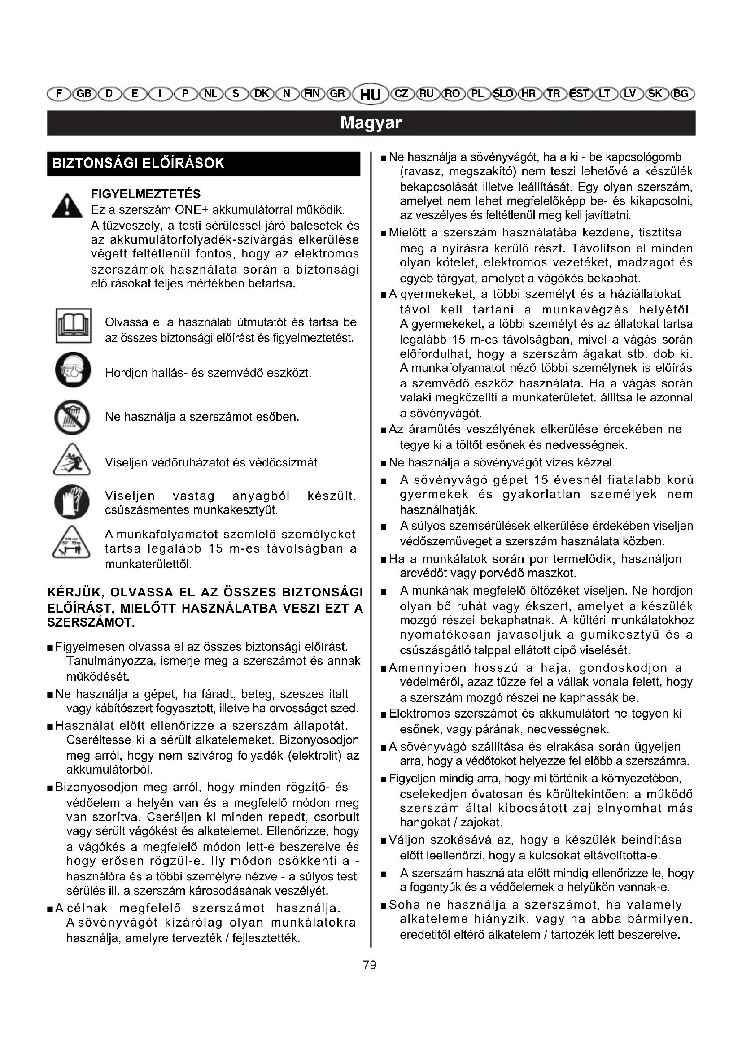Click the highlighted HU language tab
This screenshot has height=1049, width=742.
(371, 95)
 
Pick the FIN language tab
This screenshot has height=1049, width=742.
(312, 94)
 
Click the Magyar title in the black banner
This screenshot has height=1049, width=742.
(371, 123)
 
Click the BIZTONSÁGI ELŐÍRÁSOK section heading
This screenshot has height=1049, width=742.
(139, 164)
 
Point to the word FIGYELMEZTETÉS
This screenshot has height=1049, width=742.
(146, 194)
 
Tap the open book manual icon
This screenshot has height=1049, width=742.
(74, 326)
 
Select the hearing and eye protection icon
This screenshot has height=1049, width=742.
(73, 370)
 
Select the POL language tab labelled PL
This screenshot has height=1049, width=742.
(477, 94)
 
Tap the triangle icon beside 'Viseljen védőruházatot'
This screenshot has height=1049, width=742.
(72, 460)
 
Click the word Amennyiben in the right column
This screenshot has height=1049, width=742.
(428, 668)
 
